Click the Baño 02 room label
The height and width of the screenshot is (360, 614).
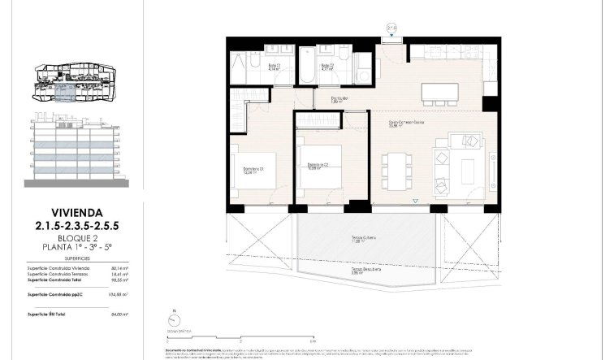[328, 67]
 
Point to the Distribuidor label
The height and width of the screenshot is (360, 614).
[339, 100]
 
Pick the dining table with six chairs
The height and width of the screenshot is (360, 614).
[397, 171]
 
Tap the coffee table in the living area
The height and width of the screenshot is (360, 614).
[468, 168]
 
